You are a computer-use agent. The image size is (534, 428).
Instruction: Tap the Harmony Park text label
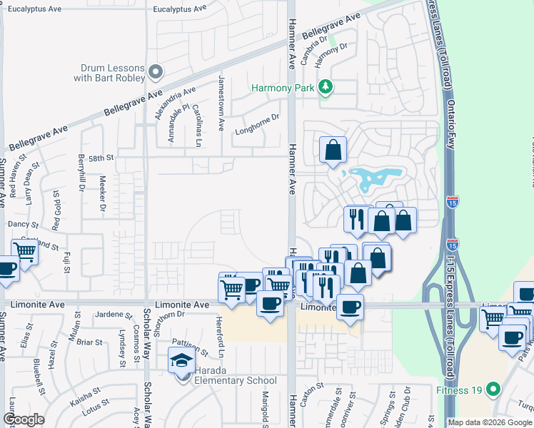click(285, 88)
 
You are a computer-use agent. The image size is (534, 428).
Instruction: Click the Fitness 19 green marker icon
click(493, 390)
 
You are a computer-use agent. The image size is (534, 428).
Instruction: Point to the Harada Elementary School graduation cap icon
click(181, 362)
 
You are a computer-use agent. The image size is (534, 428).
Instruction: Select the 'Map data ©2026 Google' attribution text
click(489, 422)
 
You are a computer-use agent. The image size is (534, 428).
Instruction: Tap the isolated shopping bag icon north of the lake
click(333, 150)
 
